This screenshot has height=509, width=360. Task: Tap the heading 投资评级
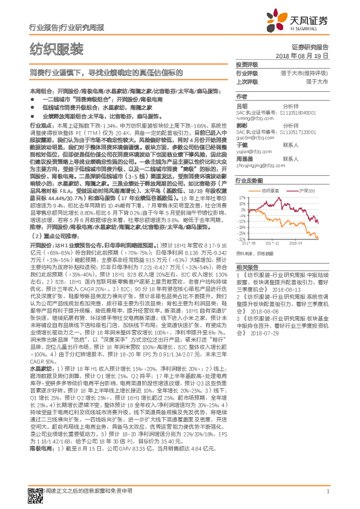coord(246,65)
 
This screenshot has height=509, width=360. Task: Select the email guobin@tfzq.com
coord(251,137)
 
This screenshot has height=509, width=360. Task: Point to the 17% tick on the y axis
coord(243,197)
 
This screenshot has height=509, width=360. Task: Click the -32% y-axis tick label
coord(241,239)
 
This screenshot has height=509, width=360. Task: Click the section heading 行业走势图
coord(248,181)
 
